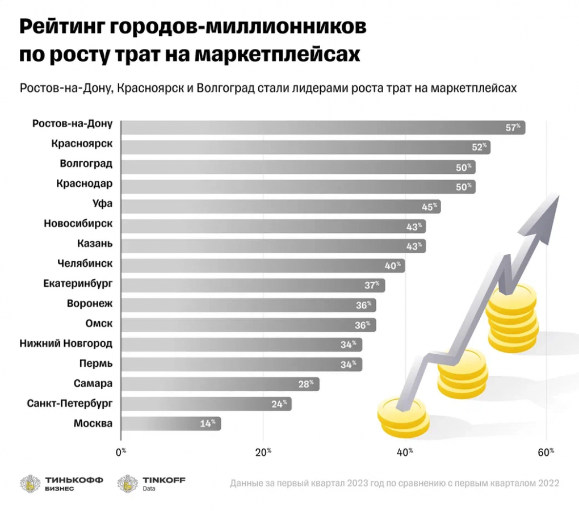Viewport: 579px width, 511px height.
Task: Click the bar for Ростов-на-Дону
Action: (x=318, y=127)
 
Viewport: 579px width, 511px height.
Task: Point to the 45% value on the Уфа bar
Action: (x=430, y=207)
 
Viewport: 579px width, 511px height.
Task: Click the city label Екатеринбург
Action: (x=78, y=283)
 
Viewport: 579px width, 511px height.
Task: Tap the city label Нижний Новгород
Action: (x=66, y=343)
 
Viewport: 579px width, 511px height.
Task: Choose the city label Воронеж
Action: (x=90, y=303)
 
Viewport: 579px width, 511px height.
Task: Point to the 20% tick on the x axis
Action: (x=263, y=453)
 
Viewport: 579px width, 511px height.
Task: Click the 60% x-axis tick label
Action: (x=546, y=453)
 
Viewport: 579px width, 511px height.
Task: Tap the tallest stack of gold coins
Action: (x=511, y=318)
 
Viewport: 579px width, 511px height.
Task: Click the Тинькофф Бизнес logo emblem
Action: (x=31, y=484)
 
